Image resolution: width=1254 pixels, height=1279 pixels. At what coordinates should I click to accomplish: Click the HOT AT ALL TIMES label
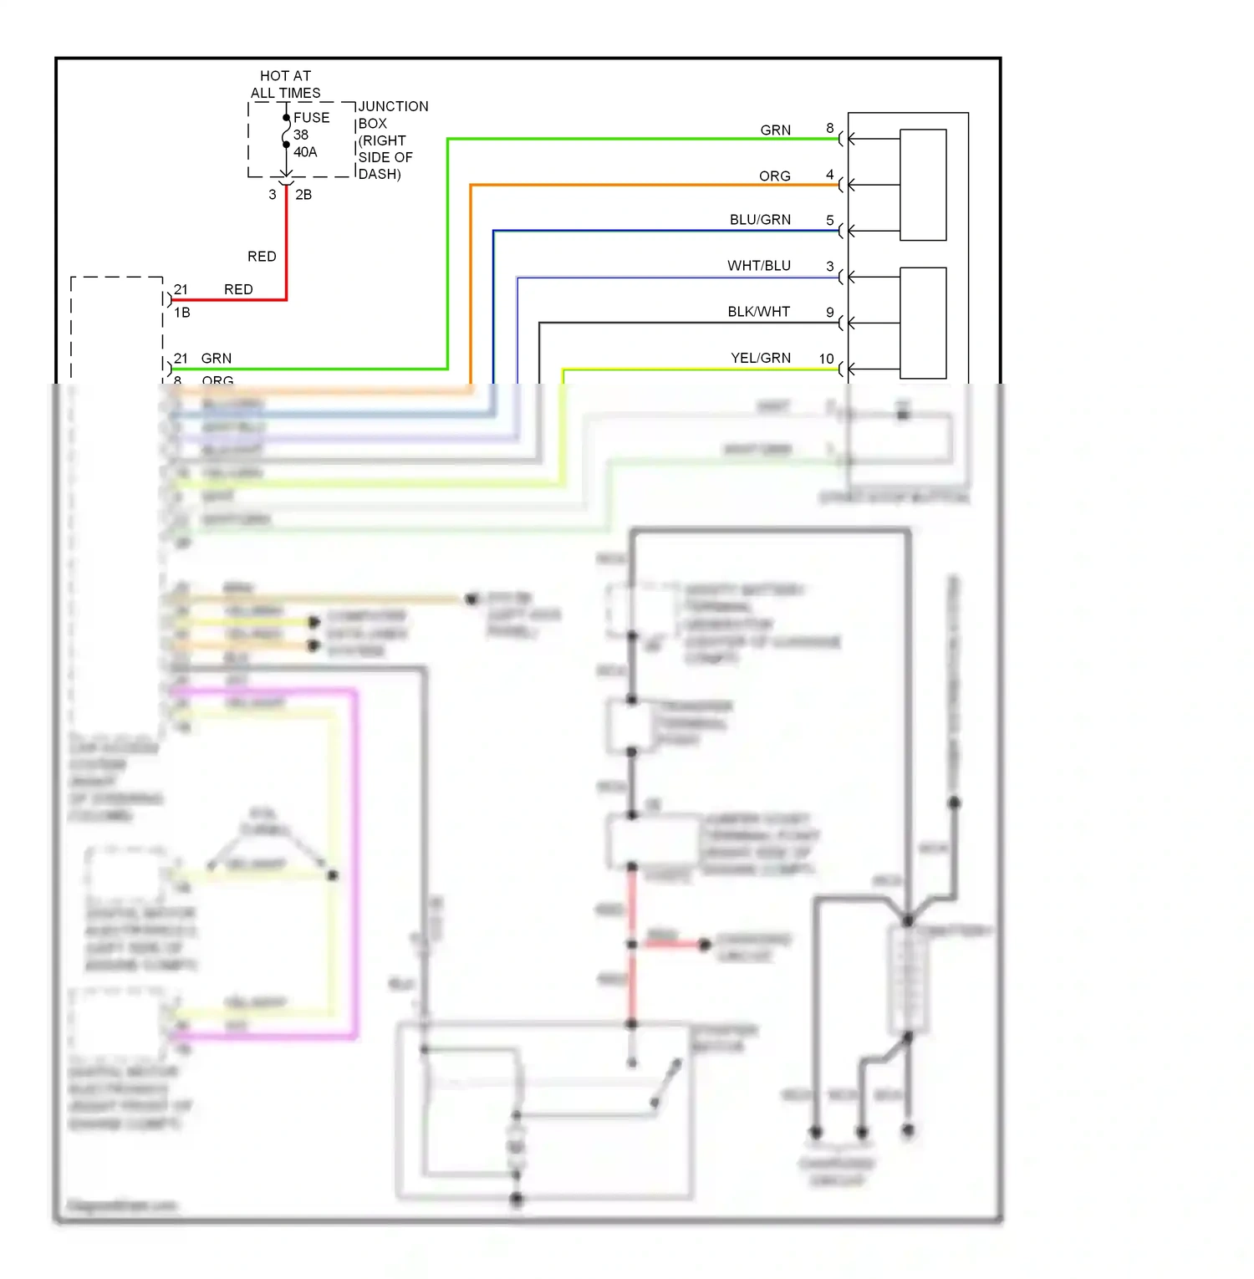(x=285, y=84)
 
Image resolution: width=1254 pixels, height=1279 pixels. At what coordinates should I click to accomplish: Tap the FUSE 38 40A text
(x=311, y=135)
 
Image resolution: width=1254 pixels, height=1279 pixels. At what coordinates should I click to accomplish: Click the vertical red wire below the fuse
(x=286, y=242)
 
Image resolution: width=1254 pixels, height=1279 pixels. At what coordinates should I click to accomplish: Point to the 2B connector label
(x=303, y=195)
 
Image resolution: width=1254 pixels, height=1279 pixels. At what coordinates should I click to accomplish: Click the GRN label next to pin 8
(x=775, y=130)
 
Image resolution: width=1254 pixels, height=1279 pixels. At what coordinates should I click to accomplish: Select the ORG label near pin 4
(x=774, y=176)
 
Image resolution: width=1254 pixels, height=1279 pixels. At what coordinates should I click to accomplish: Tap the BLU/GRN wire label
(x=760, y=220)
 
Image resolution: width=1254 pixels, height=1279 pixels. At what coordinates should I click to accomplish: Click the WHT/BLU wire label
(x=758, y=266)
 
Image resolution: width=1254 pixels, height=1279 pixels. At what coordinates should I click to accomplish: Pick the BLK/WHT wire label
(x=758, y=312)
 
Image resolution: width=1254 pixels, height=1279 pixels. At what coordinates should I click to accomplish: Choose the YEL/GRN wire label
(x=760, y=358)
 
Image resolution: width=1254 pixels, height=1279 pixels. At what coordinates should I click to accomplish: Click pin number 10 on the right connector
(x=826, y=359)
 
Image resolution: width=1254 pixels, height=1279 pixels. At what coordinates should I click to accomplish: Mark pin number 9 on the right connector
(x=829, y=313)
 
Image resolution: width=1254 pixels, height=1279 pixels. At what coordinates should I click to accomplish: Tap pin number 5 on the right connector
(x=829, y=221)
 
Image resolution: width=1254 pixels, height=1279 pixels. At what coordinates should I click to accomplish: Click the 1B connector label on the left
(x=182, y=313)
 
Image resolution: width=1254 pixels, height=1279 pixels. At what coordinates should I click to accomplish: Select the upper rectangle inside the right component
(x=923, y=185)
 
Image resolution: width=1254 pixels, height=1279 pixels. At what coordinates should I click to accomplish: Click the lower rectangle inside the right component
(x=923, y=323)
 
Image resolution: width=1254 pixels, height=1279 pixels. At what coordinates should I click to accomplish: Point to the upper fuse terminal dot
(x=286, y=118)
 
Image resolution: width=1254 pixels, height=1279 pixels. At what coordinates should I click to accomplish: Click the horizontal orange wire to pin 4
(x=652, y=185)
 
